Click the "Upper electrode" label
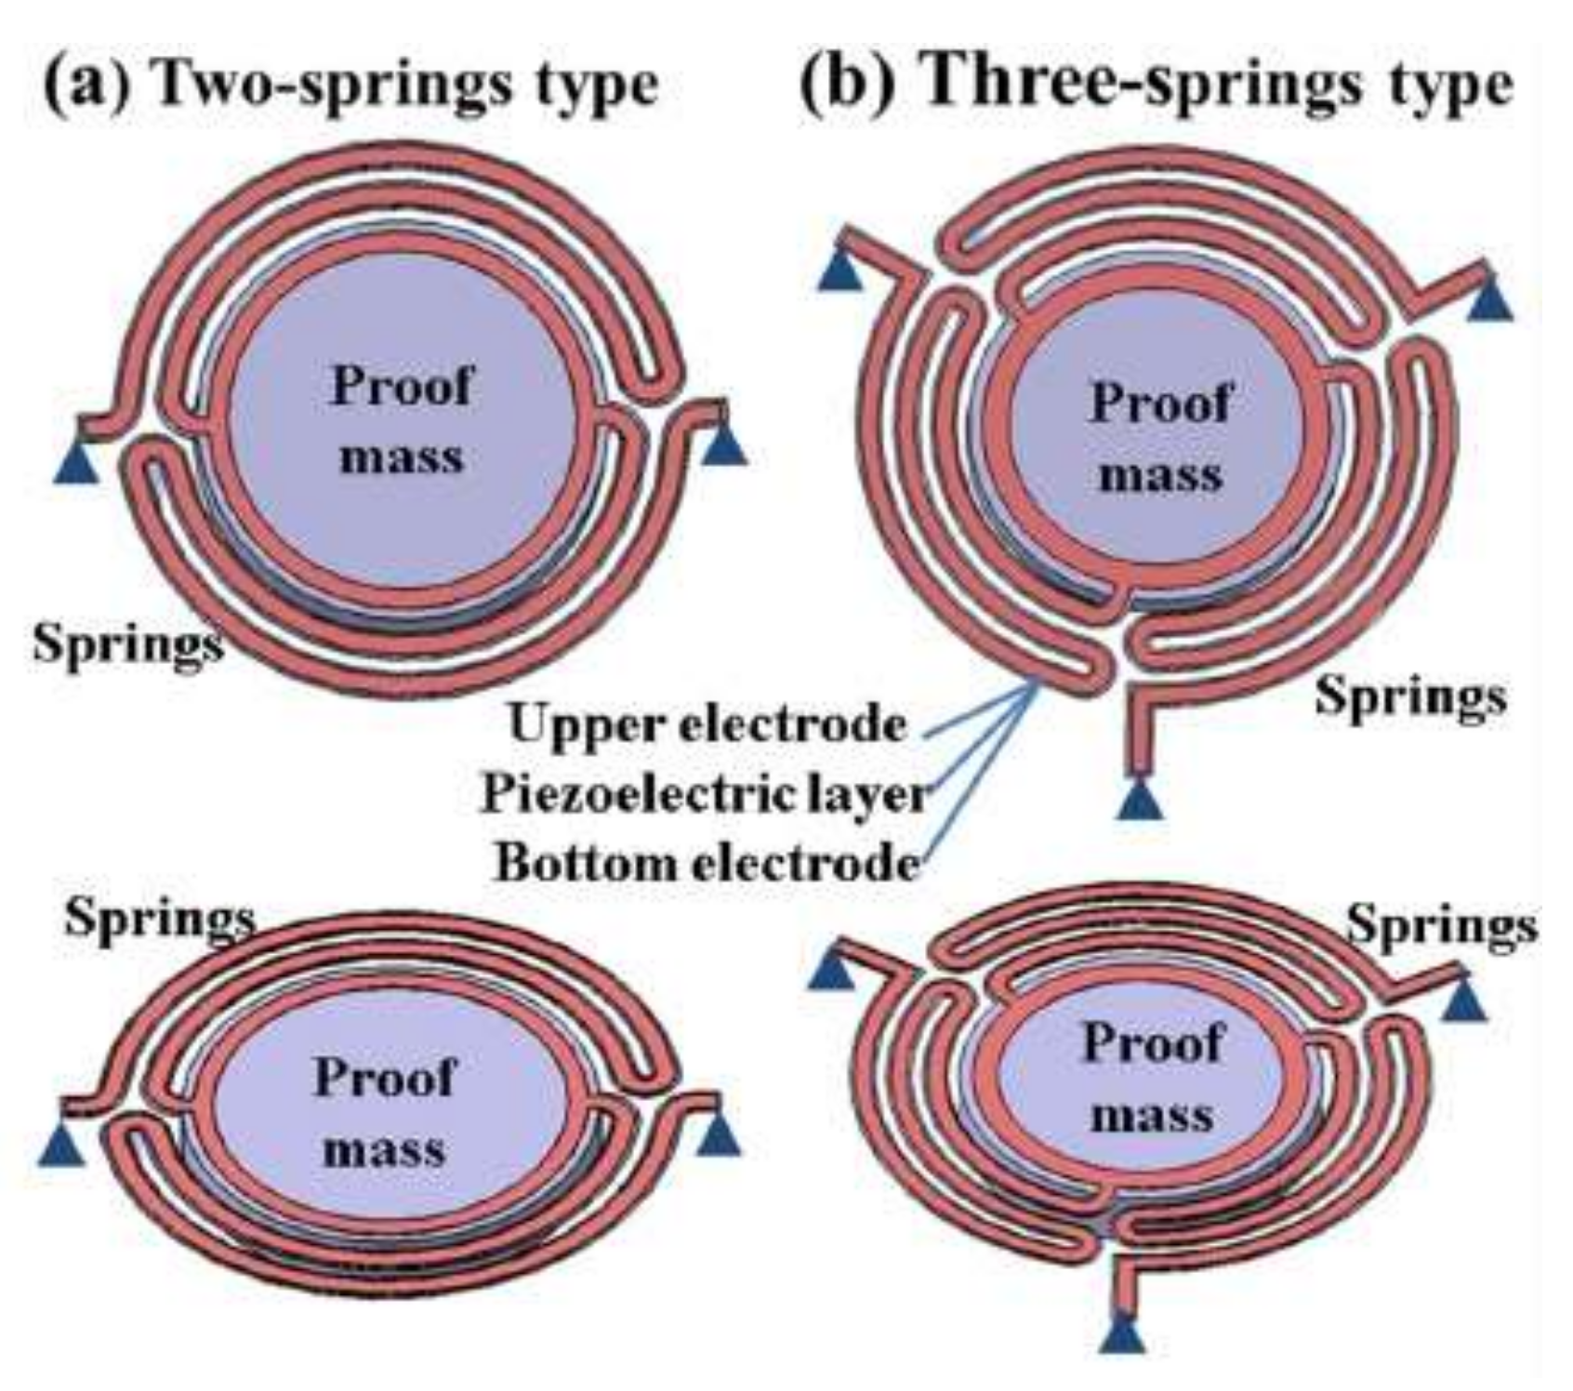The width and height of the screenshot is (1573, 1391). tap(707, 724)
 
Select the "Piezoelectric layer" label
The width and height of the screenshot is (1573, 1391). tap(704, 795)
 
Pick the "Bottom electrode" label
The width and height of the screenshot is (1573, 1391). tap(707, 863)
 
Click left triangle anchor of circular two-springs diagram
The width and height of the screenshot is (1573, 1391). tap(76, 461)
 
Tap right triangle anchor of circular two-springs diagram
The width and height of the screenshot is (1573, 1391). tap(724, 444)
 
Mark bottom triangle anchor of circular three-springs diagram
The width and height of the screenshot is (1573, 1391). tap(1140, 800)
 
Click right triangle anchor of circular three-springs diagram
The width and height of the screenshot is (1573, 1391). tap(1489, 300)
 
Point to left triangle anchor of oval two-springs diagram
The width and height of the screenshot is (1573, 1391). tap(61, 1145)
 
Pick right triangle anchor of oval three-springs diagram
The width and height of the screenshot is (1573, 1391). tap(1464, 1000)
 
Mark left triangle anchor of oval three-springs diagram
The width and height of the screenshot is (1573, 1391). tap(832, 970)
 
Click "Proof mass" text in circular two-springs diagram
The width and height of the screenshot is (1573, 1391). tap(401, 420)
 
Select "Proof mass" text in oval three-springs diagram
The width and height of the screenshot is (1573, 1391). tap(1152, 1079)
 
